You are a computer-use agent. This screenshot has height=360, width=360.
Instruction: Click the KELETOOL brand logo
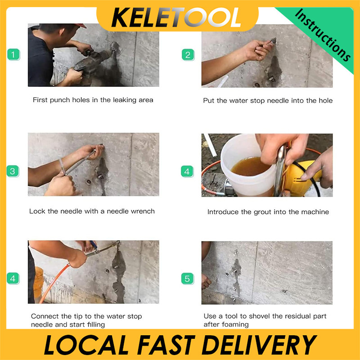(x=176, y=18)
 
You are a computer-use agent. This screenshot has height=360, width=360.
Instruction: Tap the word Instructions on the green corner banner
(x=323, y=36)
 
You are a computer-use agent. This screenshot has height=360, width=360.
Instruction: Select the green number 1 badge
(x=13, y=54)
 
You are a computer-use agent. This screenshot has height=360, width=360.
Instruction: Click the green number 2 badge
(x=188, y=55)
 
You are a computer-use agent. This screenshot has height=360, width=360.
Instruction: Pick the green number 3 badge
(x=13, y=171)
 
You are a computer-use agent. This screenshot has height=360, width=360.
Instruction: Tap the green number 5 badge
(x=188, y=279)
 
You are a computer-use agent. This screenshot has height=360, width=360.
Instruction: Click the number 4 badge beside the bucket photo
(x=187, y=171)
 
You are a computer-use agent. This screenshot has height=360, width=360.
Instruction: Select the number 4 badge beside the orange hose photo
(x=13, y=279)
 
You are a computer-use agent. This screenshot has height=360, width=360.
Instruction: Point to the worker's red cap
(x=81, y=25)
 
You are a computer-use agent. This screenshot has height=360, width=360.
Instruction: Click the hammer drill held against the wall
(x=94, y=60)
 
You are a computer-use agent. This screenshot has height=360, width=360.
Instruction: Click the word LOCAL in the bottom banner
(x=86, y=345)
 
